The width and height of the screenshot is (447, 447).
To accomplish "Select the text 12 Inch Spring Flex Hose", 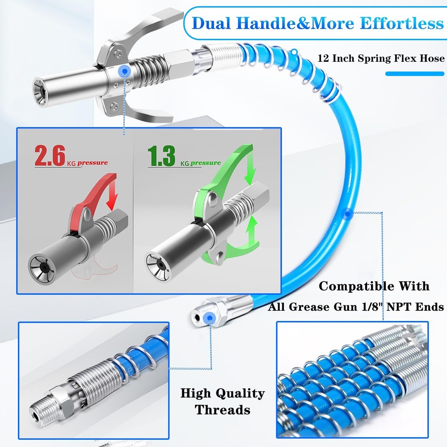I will pos(381,58).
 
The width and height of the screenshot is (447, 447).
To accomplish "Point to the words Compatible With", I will pos(374,286).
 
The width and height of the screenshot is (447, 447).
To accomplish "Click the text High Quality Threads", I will pos(222,401).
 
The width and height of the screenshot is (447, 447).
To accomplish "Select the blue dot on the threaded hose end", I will pos(207,318).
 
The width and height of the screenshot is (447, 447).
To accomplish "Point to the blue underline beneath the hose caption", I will pos(415,73).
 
